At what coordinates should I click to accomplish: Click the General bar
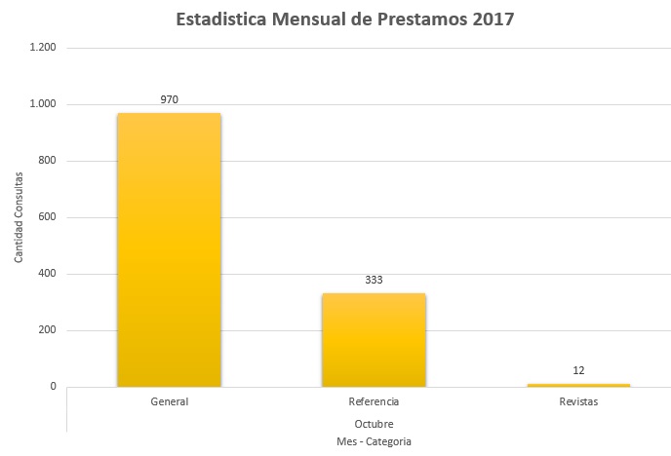[169, 249]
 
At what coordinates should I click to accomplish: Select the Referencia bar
[374, 339]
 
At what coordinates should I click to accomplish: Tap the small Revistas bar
[578, 385]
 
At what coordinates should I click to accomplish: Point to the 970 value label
[170, 99]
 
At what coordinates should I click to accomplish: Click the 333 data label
[374, 280]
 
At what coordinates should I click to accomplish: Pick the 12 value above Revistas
[578, 370]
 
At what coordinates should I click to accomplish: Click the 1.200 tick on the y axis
[43, 48]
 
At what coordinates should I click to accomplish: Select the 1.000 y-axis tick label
[43, 104]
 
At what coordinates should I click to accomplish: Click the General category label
[170, 401]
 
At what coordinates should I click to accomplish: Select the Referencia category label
[374, 401]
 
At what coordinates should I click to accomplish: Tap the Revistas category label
[578, 401]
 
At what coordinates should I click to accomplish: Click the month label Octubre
[374, 423]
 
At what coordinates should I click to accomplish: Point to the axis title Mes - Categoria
[374, 441]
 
